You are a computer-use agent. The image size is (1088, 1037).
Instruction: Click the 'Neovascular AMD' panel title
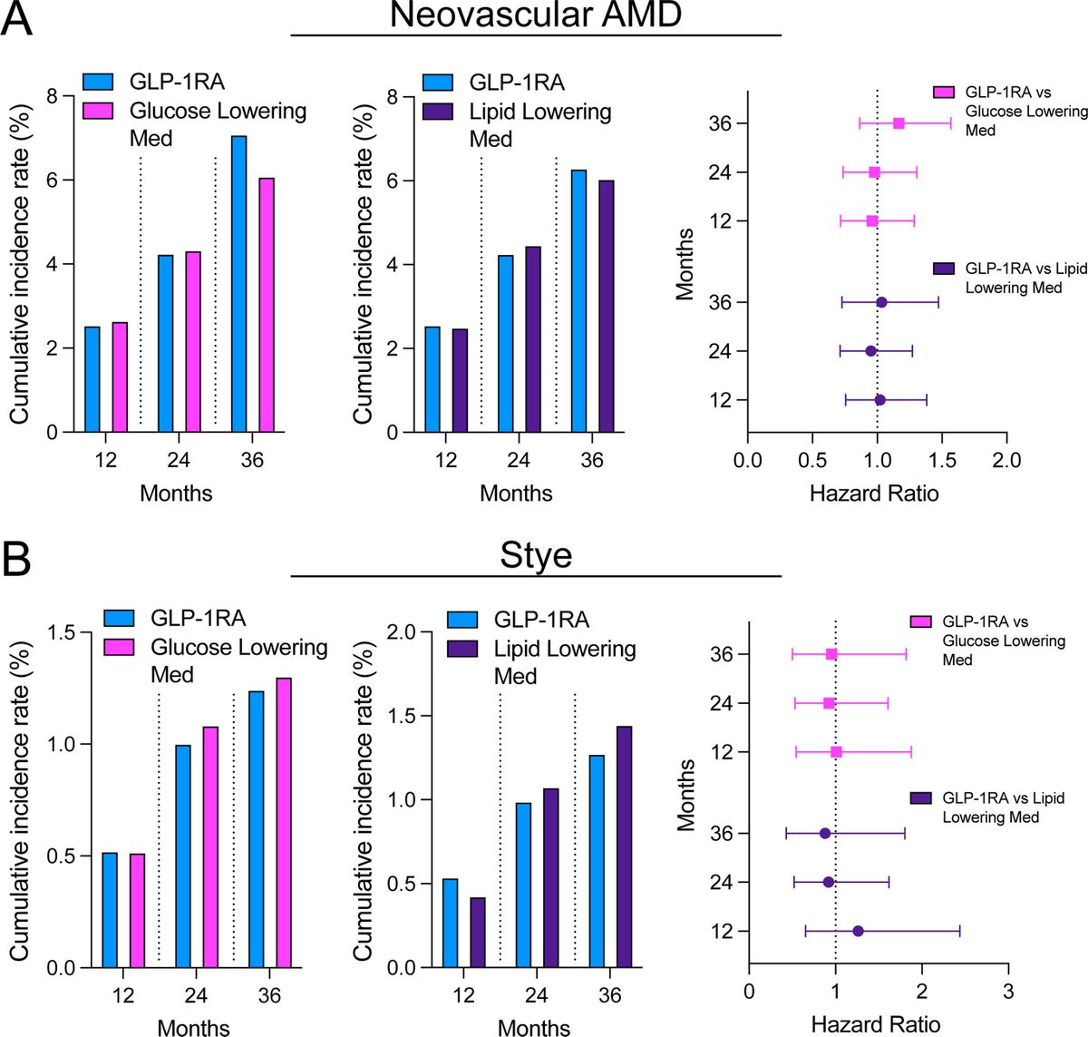coord(536,16)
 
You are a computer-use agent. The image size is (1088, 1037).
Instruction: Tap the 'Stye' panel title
coord(536,554)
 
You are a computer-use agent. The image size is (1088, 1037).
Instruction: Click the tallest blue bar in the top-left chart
coord(238,284)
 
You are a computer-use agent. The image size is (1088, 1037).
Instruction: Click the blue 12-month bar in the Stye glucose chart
coord(110,910)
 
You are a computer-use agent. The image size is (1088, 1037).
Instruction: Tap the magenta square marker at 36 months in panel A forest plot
coord(899,123)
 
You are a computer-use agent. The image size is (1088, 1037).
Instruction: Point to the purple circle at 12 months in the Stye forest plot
coord(858,931)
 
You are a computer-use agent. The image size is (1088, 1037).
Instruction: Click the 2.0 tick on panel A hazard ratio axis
coord(1006,461)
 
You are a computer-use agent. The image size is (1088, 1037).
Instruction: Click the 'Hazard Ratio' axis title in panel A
coord(874,494)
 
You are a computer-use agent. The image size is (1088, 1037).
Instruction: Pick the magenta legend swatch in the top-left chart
coord(98,111)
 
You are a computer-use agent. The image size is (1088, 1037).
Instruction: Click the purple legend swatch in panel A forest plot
coord(944,269)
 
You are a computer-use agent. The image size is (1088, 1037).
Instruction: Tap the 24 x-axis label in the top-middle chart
coord(518,461)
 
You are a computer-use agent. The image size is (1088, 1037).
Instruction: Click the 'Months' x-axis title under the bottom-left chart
coord(193,1028)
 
